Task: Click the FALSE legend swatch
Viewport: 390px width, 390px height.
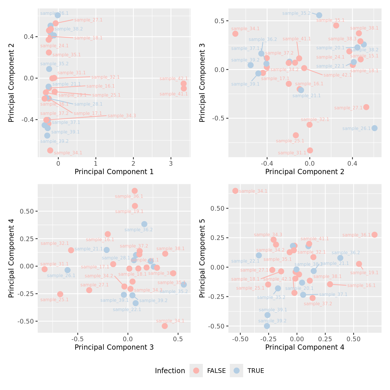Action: pyautogui.click(x=196, y=371)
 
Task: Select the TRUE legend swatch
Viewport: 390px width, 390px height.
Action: pyautogui.click(x=237, y=371)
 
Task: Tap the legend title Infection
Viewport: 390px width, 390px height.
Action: pyautogui.click(x=170, y=371)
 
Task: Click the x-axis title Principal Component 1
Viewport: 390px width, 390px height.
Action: pyautogui.click(x=114, y=172)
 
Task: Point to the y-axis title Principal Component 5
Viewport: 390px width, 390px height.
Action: pyautogui.click(x=202, y=258)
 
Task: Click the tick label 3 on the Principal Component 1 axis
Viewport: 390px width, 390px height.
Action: pyautogui.click(x=171, y=163)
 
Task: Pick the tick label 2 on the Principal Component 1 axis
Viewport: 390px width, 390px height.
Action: pyautogui.click(x=133, y=163)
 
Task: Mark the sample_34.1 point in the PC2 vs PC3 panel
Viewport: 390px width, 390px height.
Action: pyautogui.click(x=235, y=34)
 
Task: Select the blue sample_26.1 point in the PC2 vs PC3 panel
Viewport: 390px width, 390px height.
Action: pyautogui.click(x=375, y=128)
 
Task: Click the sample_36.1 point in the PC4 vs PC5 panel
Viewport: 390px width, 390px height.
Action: pyautogui.click(x=375, y=235)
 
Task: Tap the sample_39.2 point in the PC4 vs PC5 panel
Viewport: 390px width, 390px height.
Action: pyautogui.click(x=267, y=326)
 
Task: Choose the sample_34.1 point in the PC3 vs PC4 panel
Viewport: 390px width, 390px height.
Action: pyautogui.click(x=165, y=326)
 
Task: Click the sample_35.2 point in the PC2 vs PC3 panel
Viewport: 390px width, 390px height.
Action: pyautogui.click(x=319, y=15)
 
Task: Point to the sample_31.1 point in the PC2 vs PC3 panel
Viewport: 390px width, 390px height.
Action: pyautogui.click(x=310, y=150)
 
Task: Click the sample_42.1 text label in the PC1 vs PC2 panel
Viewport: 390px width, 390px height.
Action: pyautogui.click(x=174, y=79)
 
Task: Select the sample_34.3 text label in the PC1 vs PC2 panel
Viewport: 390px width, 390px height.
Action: pyautogui.click(x=122, y=116)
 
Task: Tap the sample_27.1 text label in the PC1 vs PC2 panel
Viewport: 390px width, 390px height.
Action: pyautogui.click(x=88, y=20)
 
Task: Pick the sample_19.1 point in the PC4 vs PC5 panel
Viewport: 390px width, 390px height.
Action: pyautogui.click(x=359, y=264)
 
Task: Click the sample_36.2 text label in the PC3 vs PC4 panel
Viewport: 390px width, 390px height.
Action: pyautogui.click(x=139, y=230)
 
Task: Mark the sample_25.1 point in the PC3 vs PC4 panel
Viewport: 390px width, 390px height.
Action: pyautogui.click(x=60, y=294)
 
